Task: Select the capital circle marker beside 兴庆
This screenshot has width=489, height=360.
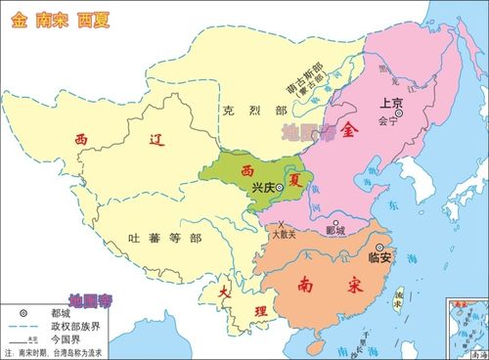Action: tap(280, 186)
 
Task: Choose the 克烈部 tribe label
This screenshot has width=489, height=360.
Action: tap(241, 111)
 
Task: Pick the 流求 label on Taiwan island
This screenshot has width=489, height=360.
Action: tap(398, 297)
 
